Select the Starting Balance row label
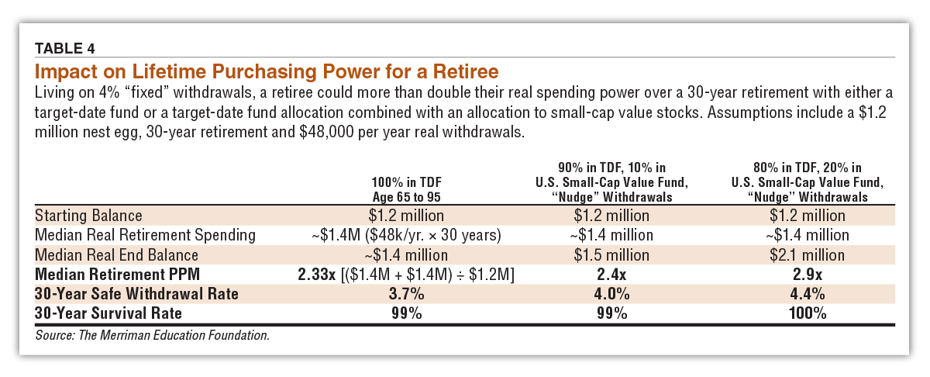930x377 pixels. click(x=89, y=215)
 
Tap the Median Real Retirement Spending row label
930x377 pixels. click(x=145, y=234)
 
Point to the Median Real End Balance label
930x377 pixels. click(x=117, y=254)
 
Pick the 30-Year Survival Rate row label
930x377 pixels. click(x=108, y=313)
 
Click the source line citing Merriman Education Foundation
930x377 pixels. click(x=152, y=335)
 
